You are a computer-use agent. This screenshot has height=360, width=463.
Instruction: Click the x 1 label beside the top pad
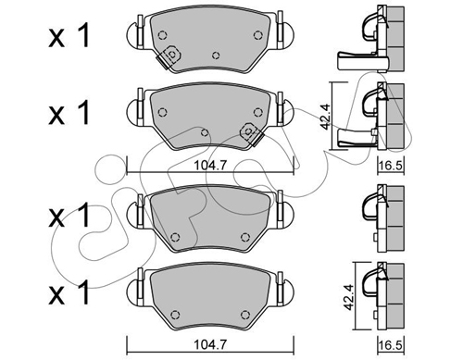tap(69, 36)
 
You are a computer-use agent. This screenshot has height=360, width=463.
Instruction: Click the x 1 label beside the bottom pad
tap(69, 292)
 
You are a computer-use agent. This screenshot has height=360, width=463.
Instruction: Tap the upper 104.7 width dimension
tap(210, 166)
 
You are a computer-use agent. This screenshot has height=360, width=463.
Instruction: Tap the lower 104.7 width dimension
tap(210, 343)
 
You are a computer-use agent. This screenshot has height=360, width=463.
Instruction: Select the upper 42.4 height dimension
tap(325, 117)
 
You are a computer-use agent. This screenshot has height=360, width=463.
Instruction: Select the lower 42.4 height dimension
tap(348, 297)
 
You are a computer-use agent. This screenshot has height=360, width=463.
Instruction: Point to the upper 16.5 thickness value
tap(391, 166)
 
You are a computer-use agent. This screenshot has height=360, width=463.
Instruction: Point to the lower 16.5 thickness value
tap(391, 343)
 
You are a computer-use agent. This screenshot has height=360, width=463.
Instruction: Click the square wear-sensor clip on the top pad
tap(169, 56)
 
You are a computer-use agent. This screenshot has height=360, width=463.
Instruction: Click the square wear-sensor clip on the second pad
tap(251, 133)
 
